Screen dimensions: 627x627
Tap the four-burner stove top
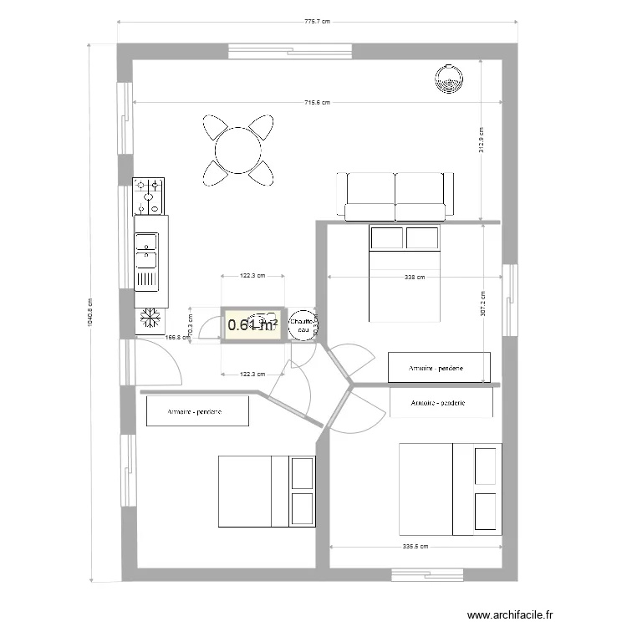point(149,196)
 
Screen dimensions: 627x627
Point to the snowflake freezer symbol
point(150,319)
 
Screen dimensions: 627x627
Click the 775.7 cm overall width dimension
point(318,23)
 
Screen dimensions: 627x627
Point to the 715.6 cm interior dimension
point(317,103)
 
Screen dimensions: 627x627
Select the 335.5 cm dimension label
point(415,547)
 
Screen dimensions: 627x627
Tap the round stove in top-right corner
point(449,79)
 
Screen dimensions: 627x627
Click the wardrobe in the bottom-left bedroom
point(197,411)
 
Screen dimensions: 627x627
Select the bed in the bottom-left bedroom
point(267,492)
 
